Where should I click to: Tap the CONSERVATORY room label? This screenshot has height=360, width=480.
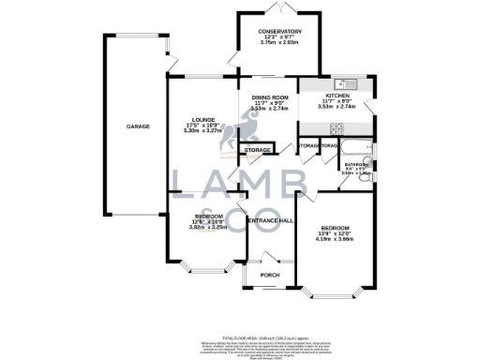[x=281, y=33]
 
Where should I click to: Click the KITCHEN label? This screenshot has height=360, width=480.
[x=337, y=97]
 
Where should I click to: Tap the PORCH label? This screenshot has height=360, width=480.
[x=271, y=275]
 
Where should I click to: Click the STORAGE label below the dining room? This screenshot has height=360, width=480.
[x=258, y=150]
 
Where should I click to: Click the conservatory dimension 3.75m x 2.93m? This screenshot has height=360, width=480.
[x=281, y=44]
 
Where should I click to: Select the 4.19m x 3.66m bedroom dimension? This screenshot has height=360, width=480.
[x=335, y=241]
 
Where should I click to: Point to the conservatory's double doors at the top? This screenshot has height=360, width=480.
[x=280, y=8]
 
